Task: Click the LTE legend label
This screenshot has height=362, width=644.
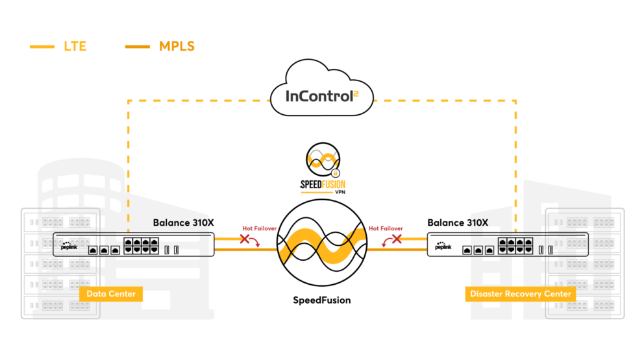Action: (75, 47)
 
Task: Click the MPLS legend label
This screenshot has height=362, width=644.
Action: (177, 47)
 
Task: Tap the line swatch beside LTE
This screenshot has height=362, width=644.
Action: (42, 47)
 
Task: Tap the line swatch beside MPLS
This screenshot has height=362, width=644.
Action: (137, 47)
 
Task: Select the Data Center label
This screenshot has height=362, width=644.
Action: (111, 294)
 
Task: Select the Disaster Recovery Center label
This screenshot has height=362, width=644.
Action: (521, 294)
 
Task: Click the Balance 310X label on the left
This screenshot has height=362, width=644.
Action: (181, 223)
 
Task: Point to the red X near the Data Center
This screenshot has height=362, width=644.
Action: (246, 239)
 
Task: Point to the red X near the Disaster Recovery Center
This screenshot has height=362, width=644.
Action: (395, 239)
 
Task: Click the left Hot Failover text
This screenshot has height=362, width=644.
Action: (259, 228)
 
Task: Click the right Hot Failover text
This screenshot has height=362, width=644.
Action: (386, 228)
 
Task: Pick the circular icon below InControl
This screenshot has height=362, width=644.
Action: (323, 160)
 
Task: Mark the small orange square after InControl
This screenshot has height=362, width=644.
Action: (356, 95)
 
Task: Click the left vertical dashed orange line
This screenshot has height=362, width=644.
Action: (129, 162)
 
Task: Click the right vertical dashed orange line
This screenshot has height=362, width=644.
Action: (516, 162)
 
